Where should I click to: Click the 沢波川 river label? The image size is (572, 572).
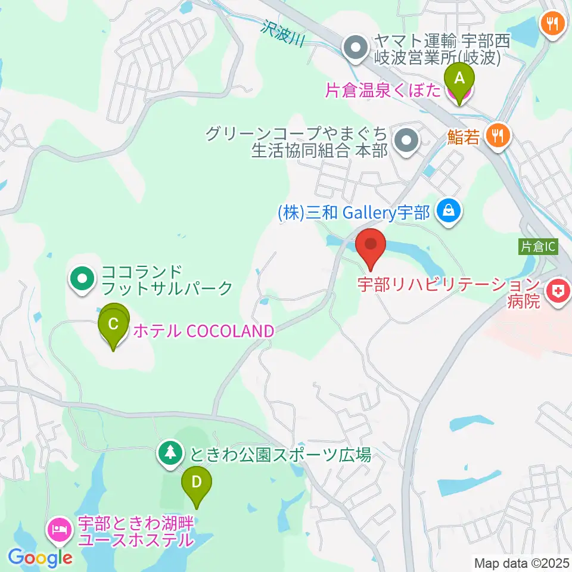tap(282, 33)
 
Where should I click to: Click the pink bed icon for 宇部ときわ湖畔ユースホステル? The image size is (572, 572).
tap(61, 528)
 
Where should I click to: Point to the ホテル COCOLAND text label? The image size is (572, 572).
tap(203, 331)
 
